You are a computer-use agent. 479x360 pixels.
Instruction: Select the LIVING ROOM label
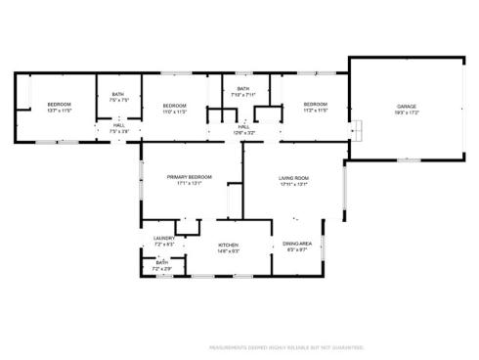pos(294,177)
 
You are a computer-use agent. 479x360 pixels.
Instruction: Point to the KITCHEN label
pos(228,245)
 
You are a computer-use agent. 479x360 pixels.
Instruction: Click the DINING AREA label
pos(297,244)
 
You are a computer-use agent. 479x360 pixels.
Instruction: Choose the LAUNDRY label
pos(163,238)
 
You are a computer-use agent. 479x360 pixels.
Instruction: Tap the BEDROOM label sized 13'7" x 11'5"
pos(61,105)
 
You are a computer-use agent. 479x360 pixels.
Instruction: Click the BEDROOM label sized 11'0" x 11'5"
pos(174,105)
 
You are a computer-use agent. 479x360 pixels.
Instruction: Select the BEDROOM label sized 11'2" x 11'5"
pos(315,105)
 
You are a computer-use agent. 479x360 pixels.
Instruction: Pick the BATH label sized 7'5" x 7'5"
pos(118,94)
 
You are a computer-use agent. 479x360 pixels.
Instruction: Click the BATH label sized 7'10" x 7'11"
pos(244,89)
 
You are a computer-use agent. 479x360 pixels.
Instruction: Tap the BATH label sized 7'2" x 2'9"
pos(162,262)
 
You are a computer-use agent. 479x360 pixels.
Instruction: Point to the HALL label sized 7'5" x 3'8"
pos(118,125)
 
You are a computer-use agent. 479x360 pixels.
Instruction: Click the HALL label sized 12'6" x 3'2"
pos(243,126)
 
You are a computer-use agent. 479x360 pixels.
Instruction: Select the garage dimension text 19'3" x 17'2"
pos(407,112)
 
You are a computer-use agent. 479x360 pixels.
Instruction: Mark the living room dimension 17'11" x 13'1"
pos(294,184)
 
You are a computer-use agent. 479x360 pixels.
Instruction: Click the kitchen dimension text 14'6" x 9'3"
pos(228,251)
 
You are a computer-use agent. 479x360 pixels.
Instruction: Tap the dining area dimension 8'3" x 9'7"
pos(297,250)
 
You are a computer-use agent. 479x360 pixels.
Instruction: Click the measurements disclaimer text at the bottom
pos(287,346)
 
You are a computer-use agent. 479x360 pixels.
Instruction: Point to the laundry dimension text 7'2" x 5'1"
pos(163,245)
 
